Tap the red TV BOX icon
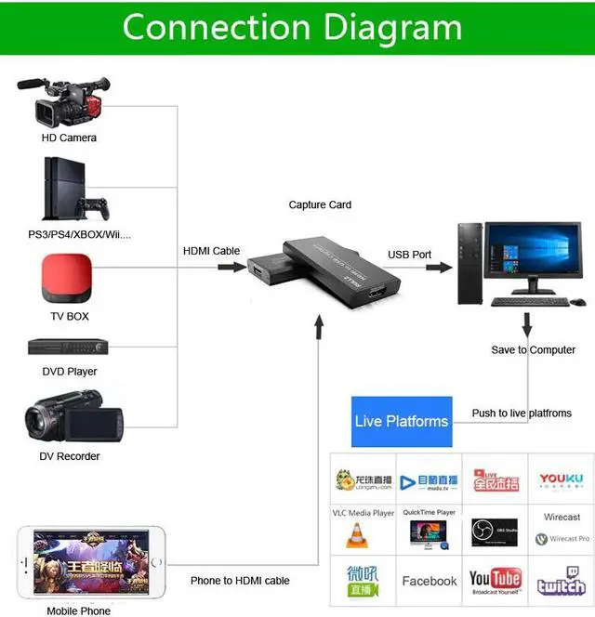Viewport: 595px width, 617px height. [68, 276]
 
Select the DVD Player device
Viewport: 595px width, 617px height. [68, 348]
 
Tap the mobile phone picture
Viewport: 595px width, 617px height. [91, 563]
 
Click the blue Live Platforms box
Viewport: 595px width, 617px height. [402, 421]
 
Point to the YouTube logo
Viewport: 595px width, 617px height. [495, 581]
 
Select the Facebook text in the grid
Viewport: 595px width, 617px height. [429, 581]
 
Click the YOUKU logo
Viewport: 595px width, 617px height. [561, 479]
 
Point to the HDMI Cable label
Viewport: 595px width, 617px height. [211, 251]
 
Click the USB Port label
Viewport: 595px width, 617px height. [410, 255]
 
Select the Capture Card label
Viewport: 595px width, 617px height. [320, 204]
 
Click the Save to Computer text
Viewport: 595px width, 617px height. [534, 350]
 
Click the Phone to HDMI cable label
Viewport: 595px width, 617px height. [240, 581]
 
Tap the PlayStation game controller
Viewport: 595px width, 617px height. [93, 206]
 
